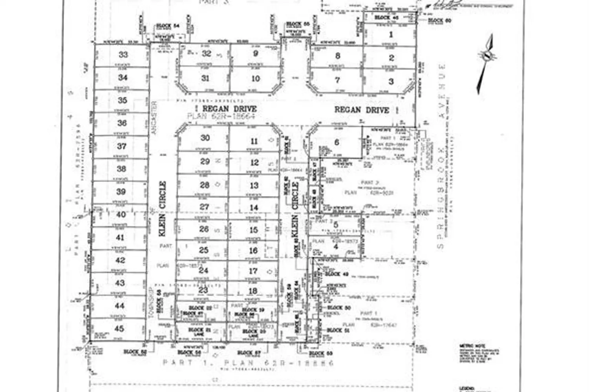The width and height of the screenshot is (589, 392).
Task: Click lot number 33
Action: click(x=123, y=55)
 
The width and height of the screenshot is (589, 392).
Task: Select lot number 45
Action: click(x=119, y=329)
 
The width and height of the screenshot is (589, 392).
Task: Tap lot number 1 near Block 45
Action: click(x=391, y=34)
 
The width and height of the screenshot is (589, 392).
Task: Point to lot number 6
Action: click(x=337, y=142)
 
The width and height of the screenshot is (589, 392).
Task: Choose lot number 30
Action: click(x=205, y=138)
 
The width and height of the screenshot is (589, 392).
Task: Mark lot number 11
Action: click(x=254, y=142)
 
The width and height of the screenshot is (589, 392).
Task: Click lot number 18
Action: click(x=253, y=291)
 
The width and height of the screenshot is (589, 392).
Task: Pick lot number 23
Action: click(x=203, y=290)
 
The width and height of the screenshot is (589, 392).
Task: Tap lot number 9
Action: click(x=256, y=54)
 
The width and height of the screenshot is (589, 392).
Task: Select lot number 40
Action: click(x=121, y=214)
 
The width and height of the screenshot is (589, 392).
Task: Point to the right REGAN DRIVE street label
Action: click(x=362, y=110)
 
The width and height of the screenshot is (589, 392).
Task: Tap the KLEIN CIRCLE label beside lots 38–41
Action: click(x=163, y=209)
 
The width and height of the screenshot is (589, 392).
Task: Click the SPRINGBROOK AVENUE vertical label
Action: click(x=442, y=157)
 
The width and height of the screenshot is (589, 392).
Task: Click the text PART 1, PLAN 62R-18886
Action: click(x=248, y=363)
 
